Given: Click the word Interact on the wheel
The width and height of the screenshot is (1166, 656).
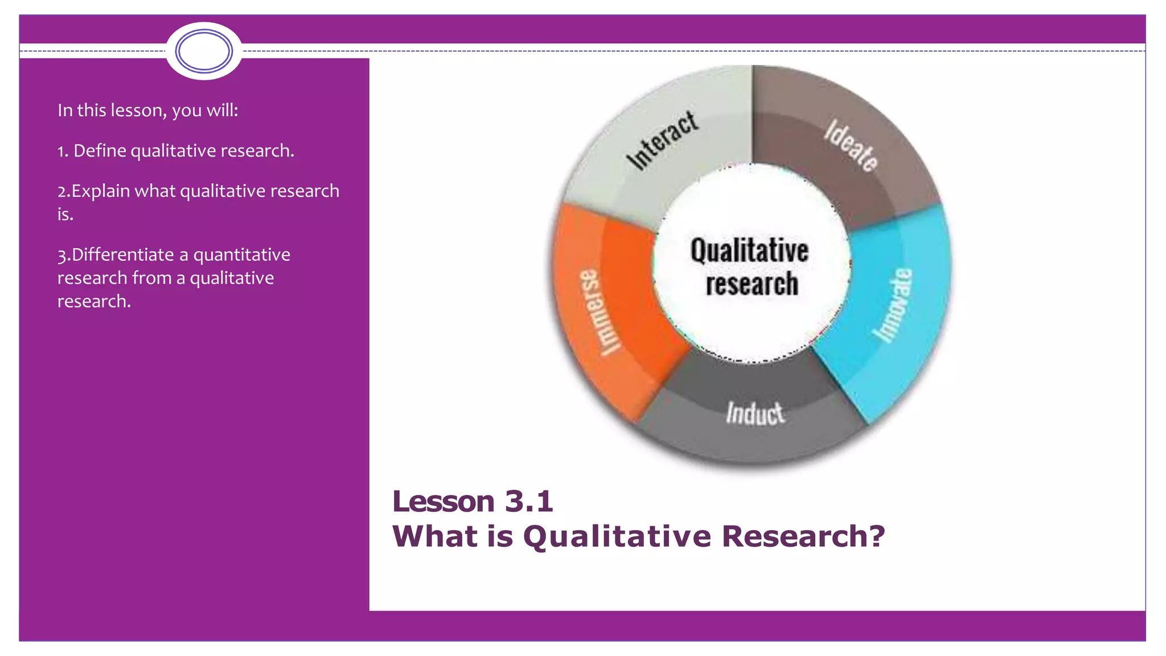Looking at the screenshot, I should click(x=662, y=140).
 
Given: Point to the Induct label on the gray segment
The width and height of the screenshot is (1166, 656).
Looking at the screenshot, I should click(x=755, y=413).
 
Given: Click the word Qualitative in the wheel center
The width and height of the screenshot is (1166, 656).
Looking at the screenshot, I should click(x=749, y=251).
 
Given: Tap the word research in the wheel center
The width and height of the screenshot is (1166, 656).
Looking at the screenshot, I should click(x=752, y=284).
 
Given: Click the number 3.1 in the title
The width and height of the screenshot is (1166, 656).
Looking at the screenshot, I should click(x=529, y=502).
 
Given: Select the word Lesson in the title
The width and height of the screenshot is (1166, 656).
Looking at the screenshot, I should click(x=443, y=502).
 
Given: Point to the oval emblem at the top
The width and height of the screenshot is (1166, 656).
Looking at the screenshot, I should click(x=204, y=51).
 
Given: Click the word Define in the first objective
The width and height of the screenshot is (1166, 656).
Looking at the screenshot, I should click(x=100, y=151).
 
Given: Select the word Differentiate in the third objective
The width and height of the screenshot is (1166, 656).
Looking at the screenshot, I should click(x=123, y=255).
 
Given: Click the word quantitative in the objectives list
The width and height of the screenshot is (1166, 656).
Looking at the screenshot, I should click(x=241, y=255).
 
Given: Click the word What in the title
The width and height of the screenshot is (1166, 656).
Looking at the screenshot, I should click(x=436, y=536).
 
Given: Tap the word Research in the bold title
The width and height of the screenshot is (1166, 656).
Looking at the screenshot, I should click(x=794, y=536).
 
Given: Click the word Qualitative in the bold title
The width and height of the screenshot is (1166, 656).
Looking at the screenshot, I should click(x=617, y=536).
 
